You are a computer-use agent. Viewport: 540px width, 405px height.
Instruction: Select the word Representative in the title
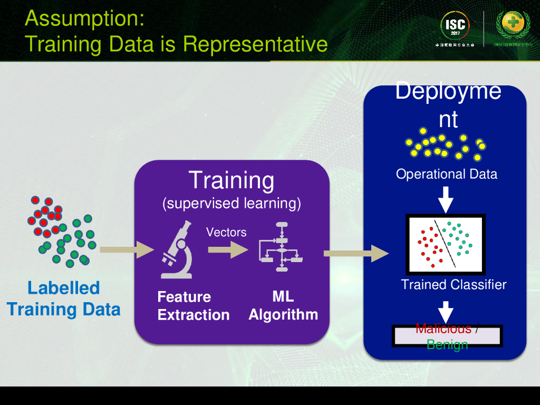pyautogui.click(x=255, y=43)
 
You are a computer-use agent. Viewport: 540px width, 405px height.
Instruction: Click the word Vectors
pyautogui.click(x=226, y=232)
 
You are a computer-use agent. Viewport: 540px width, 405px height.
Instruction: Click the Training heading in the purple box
pyautogui.click(x=232, y=180)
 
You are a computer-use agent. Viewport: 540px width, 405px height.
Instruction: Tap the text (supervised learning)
pyautogui.click(x=232, y=203)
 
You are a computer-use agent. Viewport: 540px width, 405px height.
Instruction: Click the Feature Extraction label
pyautogui.click(x=193, y=306)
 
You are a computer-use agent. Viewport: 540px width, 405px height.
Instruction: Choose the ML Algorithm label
pyautogui.click(x=283, y=305)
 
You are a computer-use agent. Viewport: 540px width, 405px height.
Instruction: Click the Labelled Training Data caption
pyautogui.click(x=64, y=298)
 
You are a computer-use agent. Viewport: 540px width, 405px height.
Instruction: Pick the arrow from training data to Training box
pyautogui.click(x=126, y=249)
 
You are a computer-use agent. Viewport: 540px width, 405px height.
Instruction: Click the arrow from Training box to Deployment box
pyautogui.click(x=355, y=254)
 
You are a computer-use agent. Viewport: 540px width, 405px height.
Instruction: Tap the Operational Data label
pyautogui.click(x=447, y=174)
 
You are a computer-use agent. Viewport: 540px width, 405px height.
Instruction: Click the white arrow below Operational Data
pyautogui.click(x=446, y=198)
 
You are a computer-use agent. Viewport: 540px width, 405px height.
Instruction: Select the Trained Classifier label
pyautogui.click(x=454, y=285)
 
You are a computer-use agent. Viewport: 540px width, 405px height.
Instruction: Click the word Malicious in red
pyautogui.click(x=443, y=329)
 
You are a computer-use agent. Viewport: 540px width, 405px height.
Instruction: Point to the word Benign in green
pyautogui.click(x=447, y=345)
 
